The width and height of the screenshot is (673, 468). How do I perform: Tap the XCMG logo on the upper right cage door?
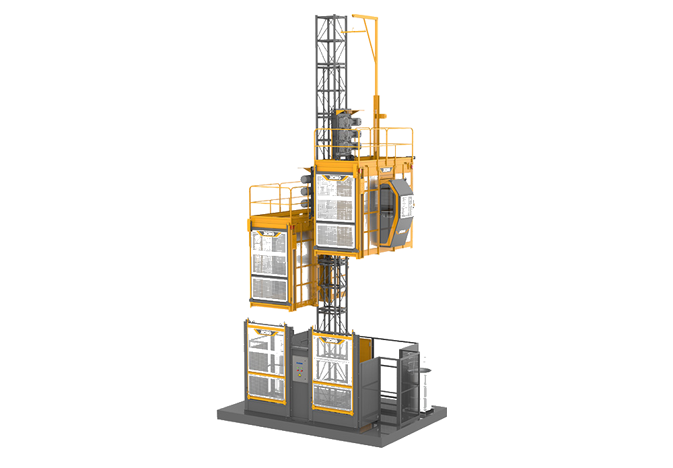[x=334, y=178]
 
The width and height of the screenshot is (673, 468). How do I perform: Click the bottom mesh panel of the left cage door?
[x=269, y=289]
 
